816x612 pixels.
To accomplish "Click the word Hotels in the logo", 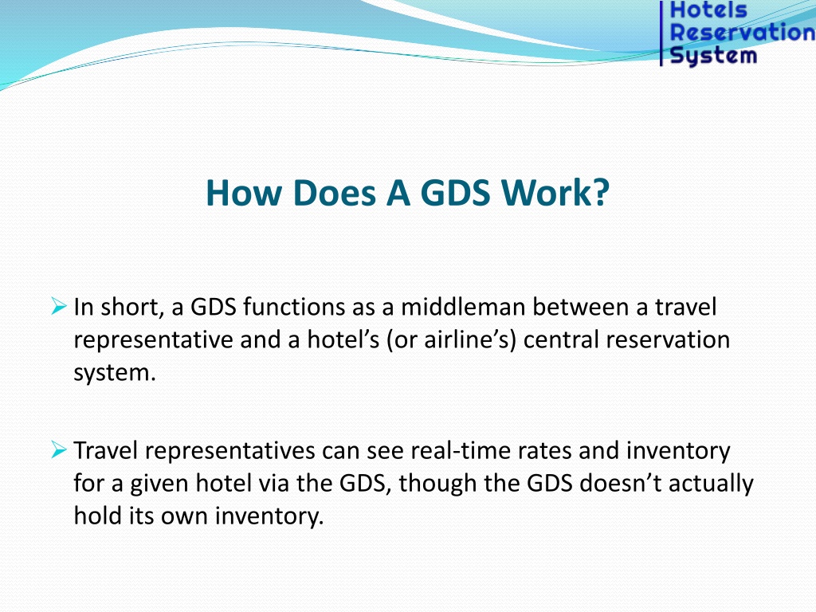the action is (x=708, y=10).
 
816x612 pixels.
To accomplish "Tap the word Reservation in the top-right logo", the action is (x=743, y=32).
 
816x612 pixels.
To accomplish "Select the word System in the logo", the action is (x=713, y=56).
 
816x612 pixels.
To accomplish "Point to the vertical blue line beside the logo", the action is (x=661, y=33).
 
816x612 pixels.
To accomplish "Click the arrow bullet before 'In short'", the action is (x=59, y=306).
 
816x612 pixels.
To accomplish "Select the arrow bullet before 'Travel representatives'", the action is (x=59, y=449).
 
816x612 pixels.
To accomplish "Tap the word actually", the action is (x=711, y=484).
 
